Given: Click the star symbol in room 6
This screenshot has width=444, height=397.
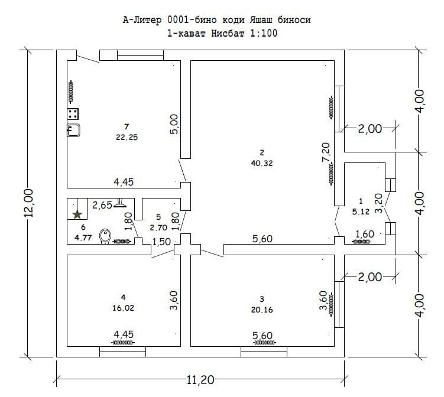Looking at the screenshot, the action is click(x=77, y=214).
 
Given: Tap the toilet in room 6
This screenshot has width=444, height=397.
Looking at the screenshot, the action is click(x=105, y=236).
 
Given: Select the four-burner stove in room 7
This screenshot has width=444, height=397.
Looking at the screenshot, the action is click(x=73, y=114).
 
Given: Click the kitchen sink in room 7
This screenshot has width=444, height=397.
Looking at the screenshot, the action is click(x=73, y=130).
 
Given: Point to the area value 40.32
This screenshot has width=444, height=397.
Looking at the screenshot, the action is click(x=262, y=163).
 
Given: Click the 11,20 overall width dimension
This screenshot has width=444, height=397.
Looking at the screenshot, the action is click(x=200, y=379).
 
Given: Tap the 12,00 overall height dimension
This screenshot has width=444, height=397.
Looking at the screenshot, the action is click(x=29, y=203).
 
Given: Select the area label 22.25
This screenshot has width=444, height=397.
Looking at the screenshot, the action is click(x=127, y=137).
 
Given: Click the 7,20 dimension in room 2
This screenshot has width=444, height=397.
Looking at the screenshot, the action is click(x=326, y=152).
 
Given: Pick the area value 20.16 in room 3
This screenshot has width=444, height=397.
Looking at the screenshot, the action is click(x=262, y=310).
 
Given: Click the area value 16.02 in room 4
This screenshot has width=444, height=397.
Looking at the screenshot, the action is click(x=123, y=308).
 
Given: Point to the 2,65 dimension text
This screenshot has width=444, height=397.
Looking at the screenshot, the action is click(x=102, y=205).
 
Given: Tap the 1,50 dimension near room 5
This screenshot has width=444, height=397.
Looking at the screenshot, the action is click(x=161, y=242).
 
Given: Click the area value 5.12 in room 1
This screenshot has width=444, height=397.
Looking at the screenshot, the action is click(x=361, y=211).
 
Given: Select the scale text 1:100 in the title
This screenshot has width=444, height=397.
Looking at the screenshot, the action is click(x=264, y=34).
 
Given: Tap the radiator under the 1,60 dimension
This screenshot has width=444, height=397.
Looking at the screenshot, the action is click(x=361, y=242).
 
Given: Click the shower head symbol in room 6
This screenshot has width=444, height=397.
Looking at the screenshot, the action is click(x=120, y=203).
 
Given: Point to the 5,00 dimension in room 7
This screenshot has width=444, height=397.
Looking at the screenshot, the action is click(x=174, y=124).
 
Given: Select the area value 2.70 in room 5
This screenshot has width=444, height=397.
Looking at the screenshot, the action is click(x=158, y=227).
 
